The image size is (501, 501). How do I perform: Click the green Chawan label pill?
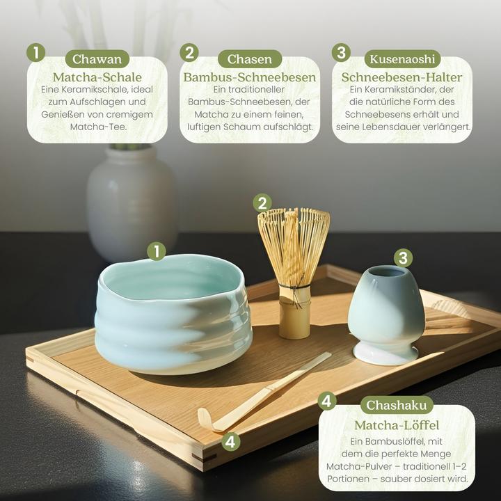coord(97,59)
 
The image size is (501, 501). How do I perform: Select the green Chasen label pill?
coord(249,59)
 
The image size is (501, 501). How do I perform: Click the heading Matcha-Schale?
coord(97,77)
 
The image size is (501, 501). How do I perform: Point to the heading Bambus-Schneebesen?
coord(250,77)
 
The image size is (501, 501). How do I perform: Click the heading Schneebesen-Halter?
coord(402,77)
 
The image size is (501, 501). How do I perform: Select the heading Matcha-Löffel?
coord(397,424)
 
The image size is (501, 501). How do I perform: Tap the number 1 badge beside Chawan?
coord(35,53)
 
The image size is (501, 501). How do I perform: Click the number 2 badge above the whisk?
coord(262,202)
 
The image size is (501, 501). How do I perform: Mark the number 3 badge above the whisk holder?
coord(403,258)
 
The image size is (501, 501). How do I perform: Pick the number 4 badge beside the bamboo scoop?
coord(231,441)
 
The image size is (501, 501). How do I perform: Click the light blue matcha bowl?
coord(174,313)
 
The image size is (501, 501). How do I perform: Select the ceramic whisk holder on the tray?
coord(386,313)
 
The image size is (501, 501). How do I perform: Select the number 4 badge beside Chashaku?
coord(327,400)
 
